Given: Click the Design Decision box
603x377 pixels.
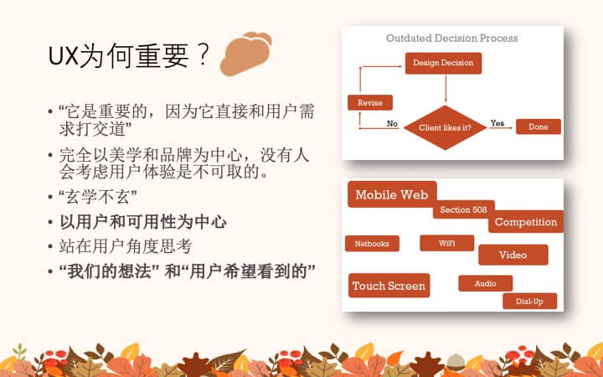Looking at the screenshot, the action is tap(443, 63).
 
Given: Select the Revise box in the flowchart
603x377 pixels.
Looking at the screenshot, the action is tap(370, 103).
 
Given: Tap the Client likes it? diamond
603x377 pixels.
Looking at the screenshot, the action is tap(445, 127).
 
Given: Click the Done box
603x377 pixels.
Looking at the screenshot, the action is tap(538, 127).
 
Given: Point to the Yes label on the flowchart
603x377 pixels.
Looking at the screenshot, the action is tap(497, 123).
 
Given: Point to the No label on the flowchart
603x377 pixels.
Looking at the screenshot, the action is tap(392, 123).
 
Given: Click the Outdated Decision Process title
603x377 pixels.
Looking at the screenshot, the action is tap(452, 38).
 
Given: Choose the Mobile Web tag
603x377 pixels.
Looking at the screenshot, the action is tap(392, 194).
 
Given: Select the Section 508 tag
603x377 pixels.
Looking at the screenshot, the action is tap(463, 209).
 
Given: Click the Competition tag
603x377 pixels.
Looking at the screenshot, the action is tap(526, 221).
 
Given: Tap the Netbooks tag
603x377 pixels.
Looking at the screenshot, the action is tap(372, 244).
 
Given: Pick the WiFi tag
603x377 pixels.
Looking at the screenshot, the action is tap(447, 243).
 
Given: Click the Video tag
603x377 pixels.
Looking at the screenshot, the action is tap(513, 255).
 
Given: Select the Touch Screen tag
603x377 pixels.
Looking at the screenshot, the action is tap(389, 286).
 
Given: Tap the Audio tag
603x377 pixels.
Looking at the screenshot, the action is tap(485, 283).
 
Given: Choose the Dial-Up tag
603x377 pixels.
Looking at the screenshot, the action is tap(529, 301).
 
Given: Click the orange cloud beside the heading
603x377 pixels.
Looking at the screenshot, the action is tap(245, 54).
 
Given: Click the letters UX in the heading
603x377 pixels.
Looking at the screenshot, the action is tap(64, 56).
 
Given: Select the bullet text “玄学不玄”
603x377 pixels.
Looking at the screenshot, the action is tap(98, 197).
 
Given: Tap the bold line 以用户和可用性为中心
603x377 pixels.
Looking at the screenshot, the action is tap(143, 222).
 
